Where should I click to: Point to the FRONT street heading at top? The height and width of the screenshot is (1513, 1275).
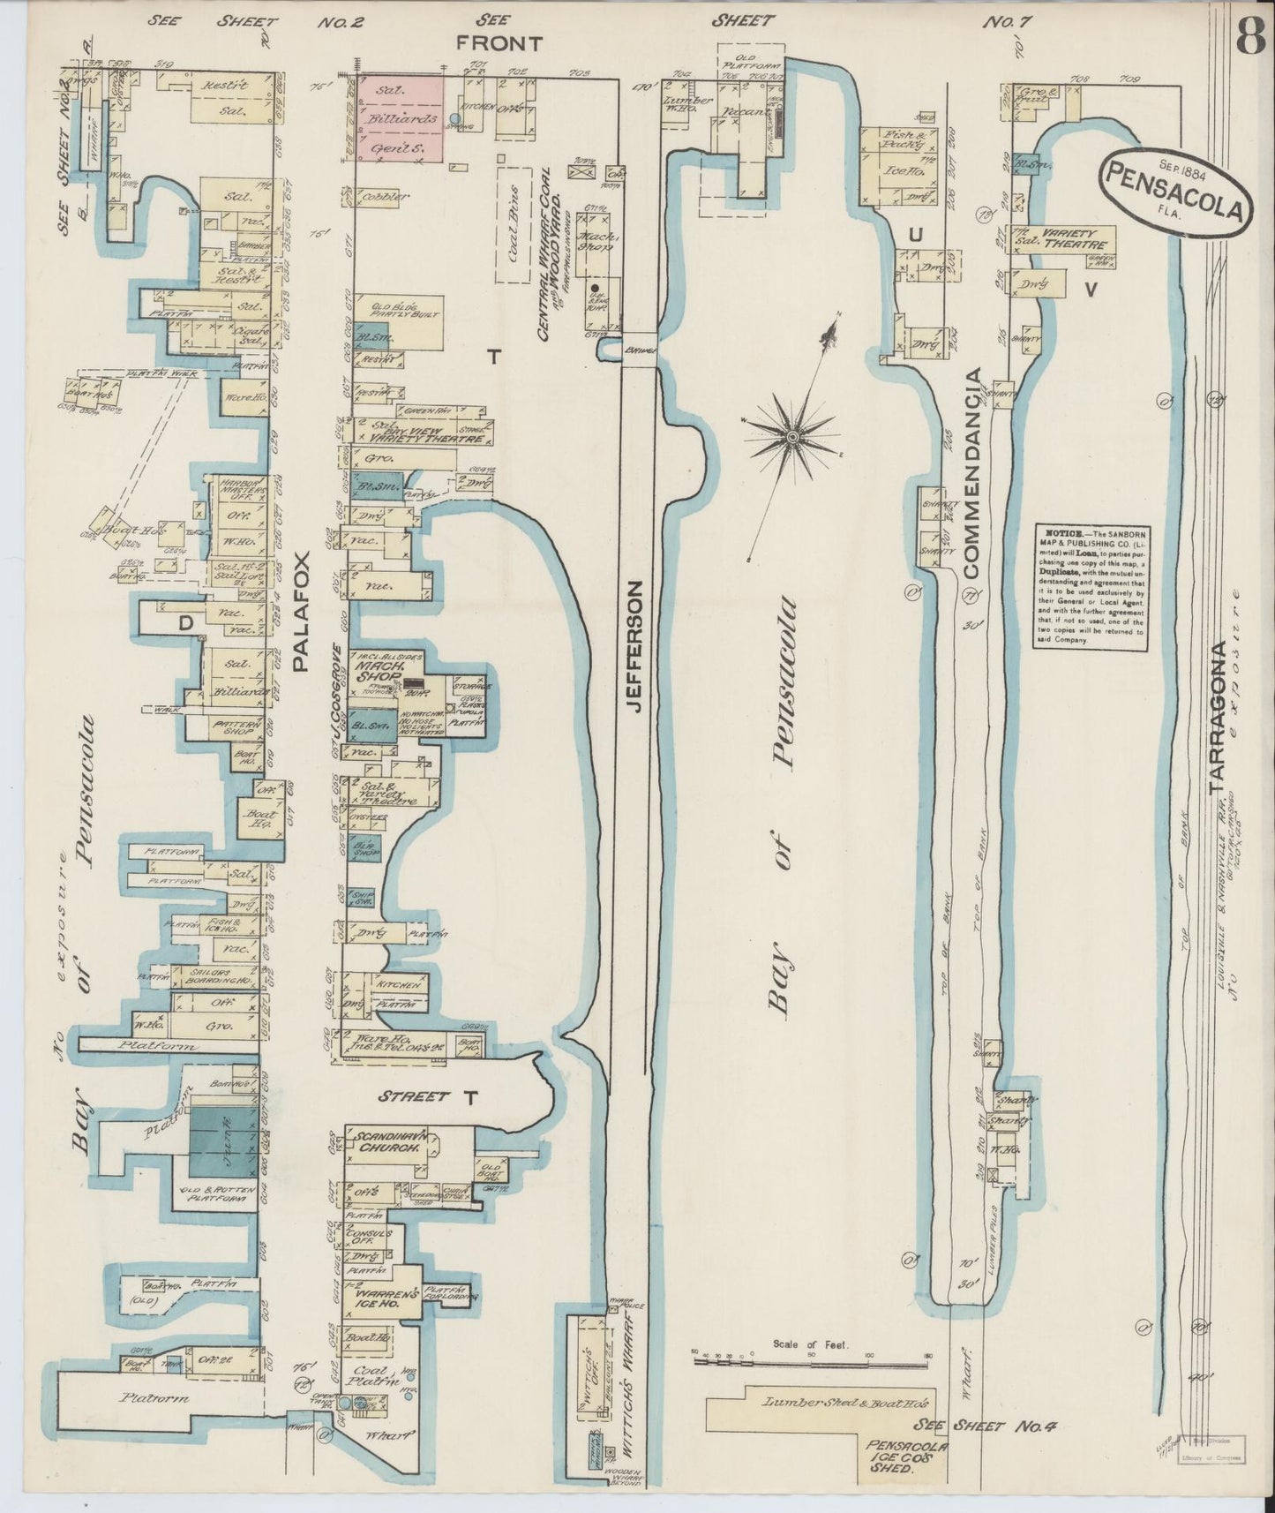(499, 41)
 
